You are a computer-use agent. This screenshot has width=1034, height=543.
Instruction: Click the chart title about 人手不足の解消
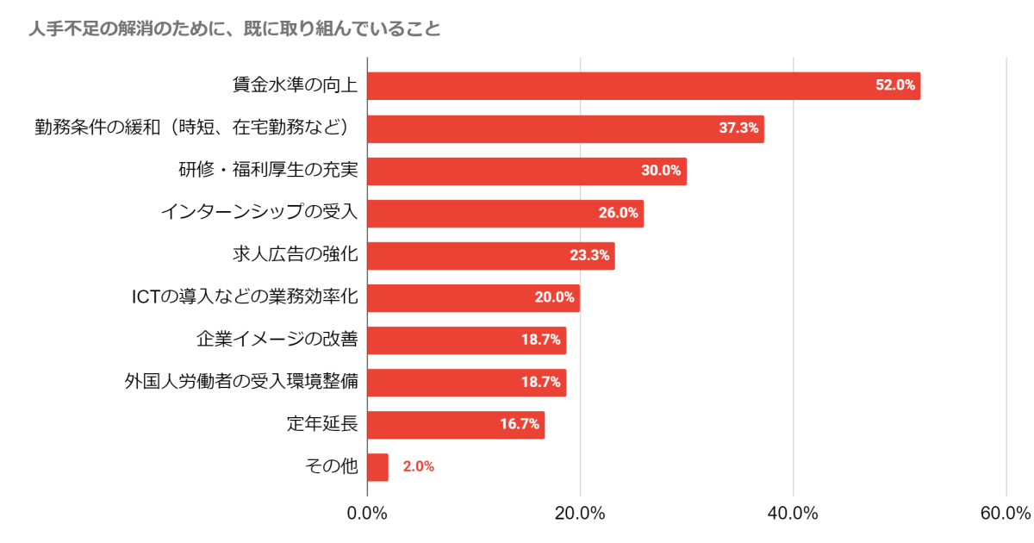(x=234, y=30)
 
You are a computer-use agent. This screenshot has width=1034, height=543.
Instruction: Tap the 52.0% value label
(x=894, y=86)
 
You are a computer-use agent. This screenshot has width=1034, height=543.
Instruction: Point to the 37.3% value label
(x=738, y=128)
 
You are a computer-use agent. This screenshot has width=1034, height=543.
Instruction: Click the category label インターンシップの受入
(x=259, y=213)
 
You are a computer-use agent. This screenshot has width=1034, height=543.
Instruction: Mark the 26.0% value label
(x=619, y=213)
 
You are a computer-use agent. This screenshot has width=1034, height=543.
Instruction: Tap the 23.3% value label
(x=589, y=255)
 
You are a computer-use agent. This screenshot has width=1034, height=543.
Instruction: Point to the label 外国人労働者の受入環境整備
(x=241, y=382)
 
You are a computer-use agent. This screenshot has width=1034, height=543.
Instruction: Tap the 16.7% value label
(x=520, y=424)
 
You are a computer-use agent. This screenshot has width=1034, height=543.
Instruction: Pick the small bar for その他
(x=377, y=466)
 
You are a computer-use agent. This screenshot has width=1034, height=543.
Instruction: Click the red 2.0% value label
(x=418, y=466)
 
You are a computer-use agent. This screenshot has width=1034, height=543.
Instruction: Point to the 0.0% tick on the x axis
(x=367, y=514)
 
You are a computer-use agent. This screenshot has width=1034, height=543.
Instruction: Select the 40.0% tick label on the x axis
(x=793, y=514)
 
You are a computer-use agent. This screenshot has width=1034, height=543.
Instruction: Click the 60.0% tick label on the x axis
(x=1005, y=514)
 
